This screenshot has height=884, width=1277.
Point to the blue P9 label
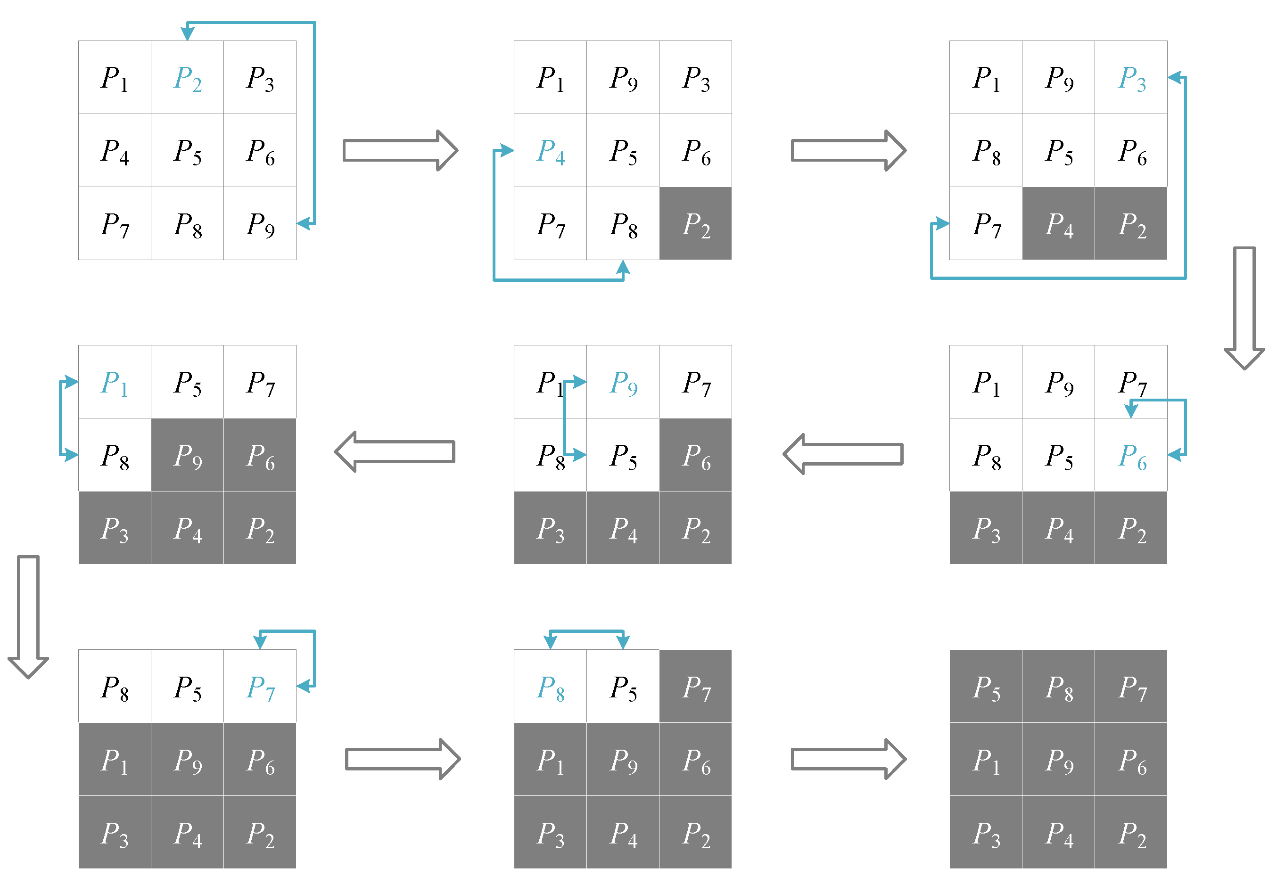[x=623, y=383]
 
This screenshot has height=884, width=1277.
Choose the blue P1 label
[x=114, y=383]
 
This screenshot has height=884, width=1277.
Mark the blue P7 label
[x=260, y=688]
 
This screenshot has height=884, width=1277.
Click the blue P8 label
[x=551, y=688]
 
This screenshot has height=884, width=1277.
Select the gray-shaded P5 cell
[x=986, y=688]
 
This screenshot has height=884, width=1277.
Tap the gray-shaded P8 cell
[x=1059, y=688]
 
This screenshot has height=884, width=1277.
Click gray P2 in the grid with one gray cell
[x=695, y=224]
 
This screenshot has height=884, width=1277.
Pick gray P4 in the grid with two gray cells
[x=1059, y=224]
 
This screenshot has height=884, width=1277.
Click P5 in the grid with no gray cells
[x=187, y=151]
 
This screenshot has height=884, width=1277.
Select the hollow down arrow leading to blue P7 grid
[x=28, y=616]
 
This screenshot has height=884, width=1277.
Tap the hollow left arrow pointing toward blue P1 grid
[x=395, y=452]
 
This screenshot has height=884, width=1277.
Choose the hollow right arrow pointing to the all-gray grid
[x=848, y=759]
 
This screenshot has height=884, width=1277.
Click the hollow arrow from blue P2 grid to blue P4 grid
[x=400, y=151]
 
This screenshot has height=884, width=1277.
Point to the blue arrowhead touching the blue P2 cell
[x=188, y=33]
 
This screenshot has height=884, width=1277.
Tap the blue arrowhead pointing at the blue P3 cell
[x=1175, y=78]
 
